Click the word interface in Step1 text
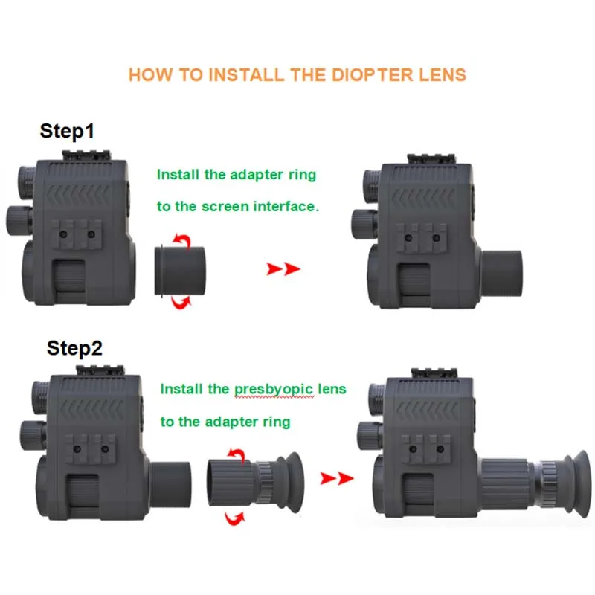283,206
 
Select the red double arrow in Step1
283,268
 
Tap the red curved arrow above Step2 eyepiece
237,454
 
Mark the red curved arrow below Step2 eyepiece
235,515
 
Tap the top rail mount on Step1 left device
87,155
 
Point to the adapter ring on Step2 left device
173,480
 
